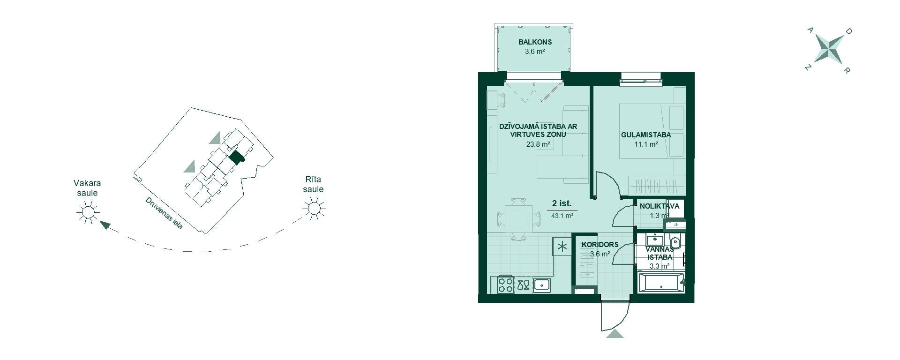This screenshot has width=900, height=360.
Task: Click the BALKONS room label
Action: (535, 42)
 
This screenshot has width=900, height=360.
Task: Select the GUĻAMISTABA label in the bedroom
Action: (646, 135)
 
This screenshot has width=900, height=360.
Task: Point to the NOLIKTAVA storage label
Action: (659, 206)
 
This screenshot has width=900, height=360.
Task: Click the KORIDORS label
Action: (600, 244)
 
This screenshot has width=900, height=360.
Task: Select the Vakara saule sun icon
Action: (88, 212)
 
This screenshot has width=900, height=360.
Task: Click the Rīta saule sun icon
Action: (314, 208)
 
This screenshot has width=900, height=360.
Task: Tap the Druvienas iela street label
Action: (164, 213)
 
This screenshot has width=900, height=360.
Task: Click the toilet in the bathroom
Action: (675, 242)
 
